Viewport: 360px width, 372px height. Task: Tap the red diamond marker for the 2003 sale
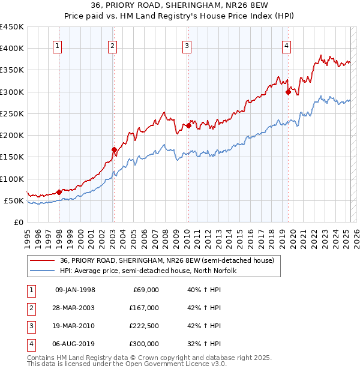(114, 149)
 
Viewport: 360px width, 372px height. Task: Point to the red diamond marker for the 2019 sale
(288, 92)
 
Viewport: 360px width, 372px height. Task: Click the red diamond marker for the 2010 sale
(188, 125)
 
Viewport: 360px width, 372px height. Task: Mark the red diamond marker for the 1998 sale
(59, 192)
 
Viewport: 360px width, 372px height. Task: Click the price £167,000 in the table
(144, 308)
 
